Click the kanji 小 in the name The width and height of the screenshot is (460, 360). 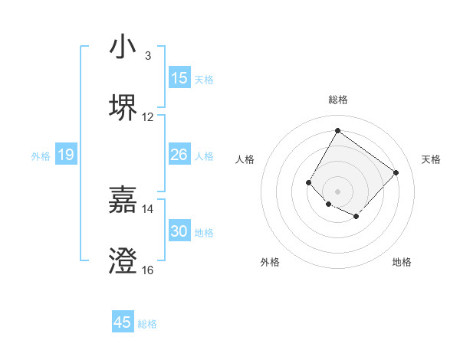(x=123, y=47)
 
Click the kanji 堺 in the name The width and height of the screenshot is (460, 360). (x=123, y=108)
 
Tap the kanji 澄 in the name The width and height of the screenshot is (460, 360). (x=123, y=261)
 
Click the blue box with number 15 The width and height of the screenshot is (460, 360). (x=179, y=78)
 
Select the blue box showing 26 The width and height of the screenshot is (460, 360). (x=179, y=155)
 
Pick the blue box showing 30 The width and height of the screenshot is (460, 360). (x=179, y=231)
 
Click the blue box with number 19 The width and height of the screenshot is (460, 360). (x=66, y=155)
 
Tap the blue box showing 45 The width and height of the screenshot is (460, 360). (x=123, y=322)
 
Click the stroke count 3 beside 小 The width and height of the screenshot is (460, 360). (x=148, y=56)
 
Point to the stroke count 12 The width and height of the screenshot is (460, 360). (x=148, y=117)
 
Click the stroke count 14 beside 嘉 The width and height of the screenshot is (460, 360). (x=148, y=208)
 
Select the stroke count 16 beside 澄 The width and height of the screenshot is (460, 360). (x=148, y=270)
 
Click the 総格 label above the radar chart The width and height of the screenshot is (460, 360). (x=338, y=100)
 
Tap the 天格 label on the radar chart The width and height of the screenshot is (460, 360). (x=431, y=159)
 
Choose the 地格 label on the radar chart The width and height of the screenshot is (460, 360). (x=402, y=262)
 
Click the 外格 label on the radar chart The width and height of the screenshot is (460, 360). (x=270, y=262)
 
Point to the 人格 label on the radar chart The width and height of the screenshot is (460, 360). (x=245, y=159)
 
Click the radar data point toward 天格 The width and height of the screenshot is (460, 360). (x=396, y=172)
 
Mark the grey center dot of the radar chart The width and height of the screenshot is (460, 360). (x=337, y=191)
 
